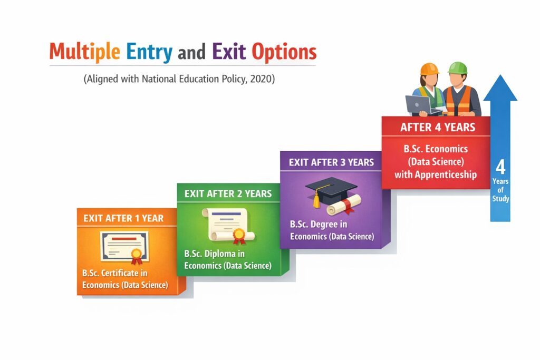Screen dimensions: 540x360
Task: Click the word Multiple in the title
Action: click(85, 52)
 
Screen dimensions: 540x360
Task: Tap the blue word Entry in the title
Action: click(149, 52)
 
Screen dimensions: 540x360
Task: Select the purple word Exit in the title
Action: click(229, 51)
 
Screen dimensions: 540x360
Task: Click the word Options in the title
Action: click(284, 52)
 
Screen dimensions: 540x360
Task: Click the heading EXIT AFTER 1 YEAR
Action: click(123, 218)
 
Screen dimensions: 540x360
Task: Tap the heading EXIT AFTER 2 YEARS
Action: click(228, 194)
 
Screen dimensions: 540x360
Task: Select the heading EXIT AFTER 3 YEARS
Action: click(331, 162)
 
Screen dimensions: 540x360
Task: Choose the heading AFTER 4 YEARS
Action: click(438, 128)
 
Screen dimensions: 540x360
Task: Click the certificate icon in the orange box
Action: click(125, 247)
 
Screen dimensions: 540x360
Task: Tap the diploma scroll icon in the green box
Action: click(228, 226)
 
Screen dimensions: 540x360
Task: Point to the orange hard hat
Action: click(429, 69)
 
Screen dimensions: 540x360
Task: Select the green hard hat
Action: click(458, 68)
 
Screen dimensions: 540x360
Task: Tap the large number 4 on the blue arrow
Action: click(500, 167)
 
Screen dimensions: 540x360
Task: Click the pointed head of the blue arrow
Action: click(500, 88)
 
